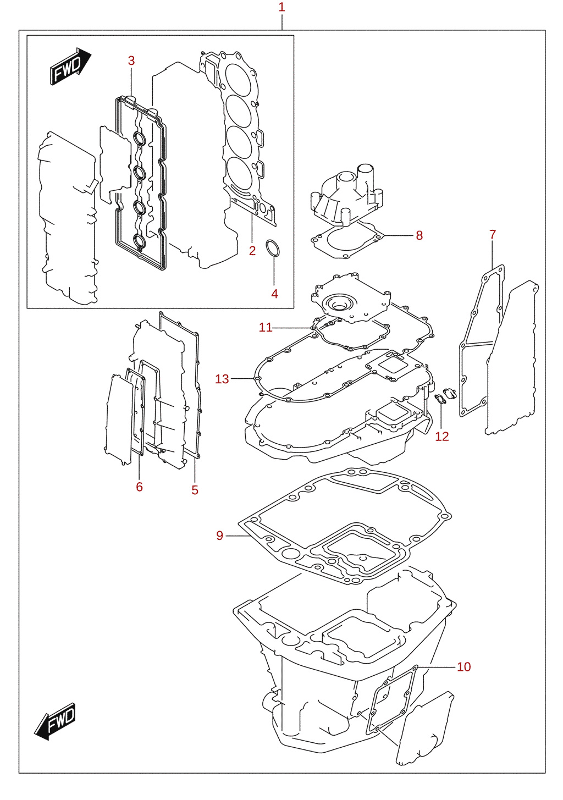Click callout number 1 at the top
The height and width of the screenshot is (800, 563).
coord(281,7)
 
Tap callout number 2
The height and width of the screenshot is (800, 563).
coord(252,251)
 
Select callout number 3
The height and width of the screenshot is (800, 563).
coord(131,60)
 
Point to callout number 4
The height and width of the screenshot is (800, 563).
coord(274,294)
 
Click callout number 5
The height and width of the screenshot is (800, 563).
coord(195,490)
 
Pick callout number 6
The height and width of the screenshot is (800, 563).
coord(139,487)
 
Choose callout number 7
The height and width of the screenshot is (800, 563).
coord(493,235)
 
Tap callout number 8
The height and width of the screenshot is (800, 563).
coord(420,235)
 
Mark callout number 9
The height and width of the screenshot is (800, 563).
coord(220,536)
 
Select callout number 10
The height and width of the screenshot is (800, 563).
coord(464,667)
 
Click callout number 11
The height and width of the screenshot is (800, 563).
coord(266,328)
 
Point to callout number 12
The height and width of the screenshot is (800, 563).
coord(442,437)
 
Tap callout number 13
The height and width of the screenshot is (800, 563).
coord(222,379)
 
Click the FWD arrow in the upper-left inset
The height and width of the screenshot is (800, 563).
coord(70,67)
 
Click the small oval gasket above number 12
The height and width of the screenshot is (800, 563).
coord(440,399)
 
